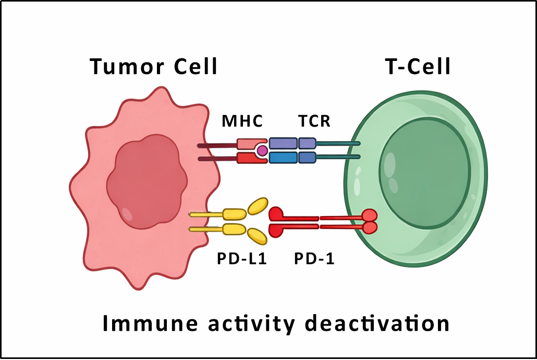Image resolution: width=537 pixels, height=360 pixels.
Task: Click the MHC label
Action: [x=242, y=121]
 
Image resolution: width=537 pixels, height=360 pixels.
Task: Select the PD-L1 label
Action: [x=242, y=258]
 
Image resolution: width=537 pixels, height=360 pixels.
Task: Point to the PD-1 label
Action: [x=314, y=258]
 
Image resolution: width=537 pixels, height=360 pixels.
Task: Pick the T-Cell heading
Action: [x=418, y=67]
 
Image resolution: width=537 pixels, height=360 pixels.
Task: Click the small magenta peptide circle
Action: [x=262, y=151]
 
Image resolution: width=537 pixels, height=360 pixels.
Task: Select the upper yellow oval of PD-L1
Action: [x=258, y=206]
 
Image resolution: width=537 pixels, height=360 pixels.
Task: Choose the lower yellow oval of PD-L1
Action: [x=257, y=237]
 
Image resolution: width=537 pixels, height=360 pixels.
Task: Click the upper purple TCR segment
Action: [x=283, y=143]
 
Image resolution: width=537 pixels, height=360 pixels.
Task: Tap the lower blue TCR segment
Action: [x=283, y=157]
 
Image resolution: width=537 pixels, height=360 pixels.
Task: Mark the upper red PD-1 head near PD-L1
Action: [x=276, y=214]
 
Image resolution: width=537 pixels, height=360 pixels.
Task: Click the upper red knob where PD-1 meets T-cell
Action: [x=369, y=215]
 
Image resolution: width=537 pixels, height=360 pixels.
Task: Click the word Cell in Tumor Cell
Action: [x=194, y=67]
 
